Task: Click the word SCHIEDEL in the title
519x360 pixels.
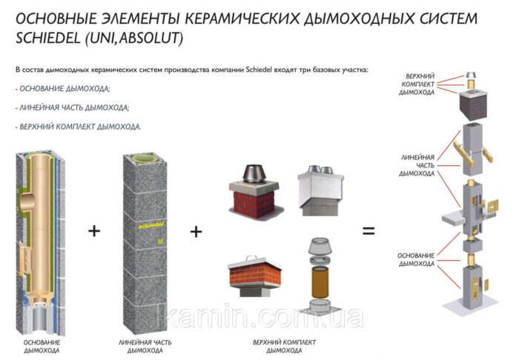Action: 48,38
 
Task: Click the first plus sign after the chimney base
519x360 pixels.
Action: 94,231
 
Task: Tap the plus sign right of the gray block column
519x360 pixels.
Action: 196,231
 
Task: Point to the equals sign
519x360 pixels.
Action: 368,230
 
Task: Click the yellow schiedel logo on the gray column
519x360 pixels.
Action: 151,226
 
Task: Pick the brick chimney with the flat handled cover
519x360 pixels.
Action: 254,276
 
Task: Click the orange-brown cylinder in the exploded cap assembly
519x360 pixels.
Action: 320,283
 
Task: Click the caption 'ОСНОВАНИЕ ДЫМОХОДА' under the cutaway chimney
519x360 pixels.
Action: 42,347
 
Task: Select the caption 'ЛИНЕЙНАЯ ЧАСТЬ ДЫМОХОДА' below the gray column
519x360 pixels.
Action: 145,347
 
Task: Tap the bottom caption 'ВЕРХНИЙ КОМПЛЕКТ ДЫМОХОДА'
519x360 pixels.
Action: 284,347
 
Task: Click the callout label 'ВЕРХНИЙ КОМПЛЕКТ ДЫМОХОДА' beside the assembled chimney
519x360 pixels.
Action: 417,84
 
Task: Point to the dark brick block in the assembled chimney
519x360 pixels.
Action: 473,105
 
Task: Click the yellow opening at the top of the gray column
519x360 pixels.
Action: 145,159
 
